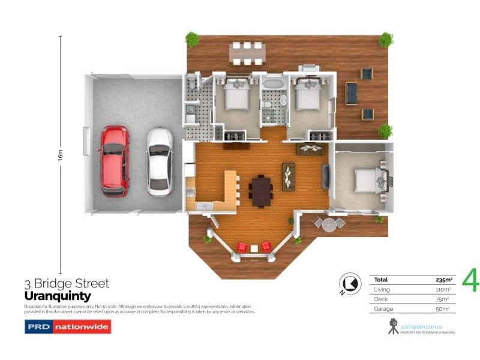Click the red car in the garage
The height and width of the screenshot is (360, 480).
tap(114, 161)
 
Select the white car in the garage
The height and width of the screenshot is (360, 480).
tap(160, 161)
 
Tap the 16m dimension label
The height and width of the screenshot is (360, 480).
tap(60, 155)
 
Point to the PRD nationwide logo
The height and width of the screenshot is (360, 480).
tap(67, 327)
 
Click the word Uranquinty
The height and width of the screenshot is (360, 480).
tap(57, 296)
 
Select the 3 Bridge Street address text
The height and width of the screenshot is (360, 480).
tap(66, 284)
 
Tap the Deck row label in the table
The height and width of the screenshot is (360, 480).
tap(380, 299)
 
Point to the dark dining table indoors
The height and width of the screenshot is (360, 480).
tap(262, 191)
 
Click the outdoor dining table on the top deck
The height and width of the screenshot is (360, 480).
tap(247, 53)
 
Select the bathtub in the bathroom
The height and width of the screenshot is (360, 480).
tap(273, 84)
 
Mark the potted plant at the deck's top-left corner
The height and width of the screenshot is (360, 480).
tap(192, 40)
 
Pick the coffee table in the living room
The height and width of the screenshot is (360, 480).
tap(289, 176)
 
